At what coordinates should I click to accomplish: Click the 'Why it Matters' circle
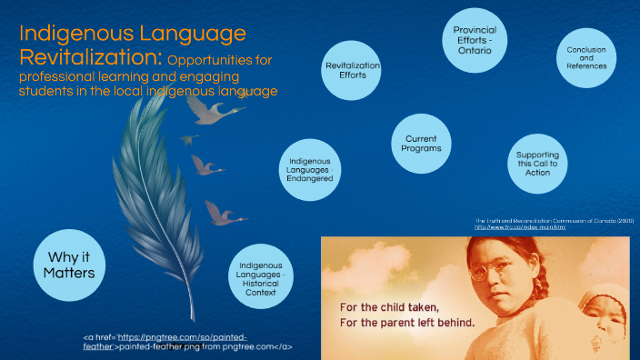click(x=70, y=262)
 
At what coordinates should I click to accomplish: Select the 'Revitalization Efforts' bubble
click(x=353, y=72)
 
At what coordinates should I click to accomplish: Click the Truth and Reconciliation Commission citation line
click(x=554, y=220)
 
